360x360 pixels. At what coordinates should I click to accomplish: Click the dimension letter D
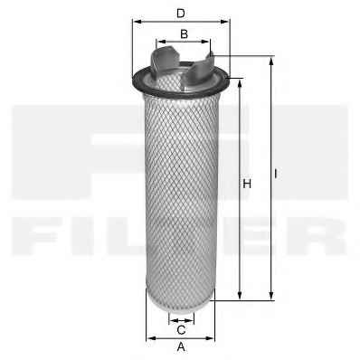click(x=181, y=13)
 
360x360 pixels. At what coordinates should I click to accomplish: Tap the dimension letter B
click(x=184, y=34)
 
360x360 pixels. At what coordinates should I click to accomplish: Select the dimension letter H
click(x=247, y=184)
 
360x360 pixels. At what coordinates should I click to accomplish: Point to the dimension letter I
click(x=276, y=174)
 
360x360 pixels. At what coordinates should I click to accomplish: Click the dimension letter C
click(x=181, y=330)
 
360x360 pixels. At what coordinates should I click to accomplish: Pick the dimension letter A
click(x=181, y=346)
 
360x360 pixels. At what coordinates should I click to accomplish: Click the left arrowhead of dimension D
click(x=137, y=22)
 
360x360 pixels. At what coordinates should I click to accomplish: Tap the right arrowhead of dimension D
click(x=225, y=22)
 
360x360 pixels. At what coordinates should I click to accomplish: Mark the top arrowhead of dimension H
click(x=240, y=84)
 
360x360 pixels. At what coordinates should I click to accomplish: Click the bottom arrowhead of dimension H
click(x=240, y=296)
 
